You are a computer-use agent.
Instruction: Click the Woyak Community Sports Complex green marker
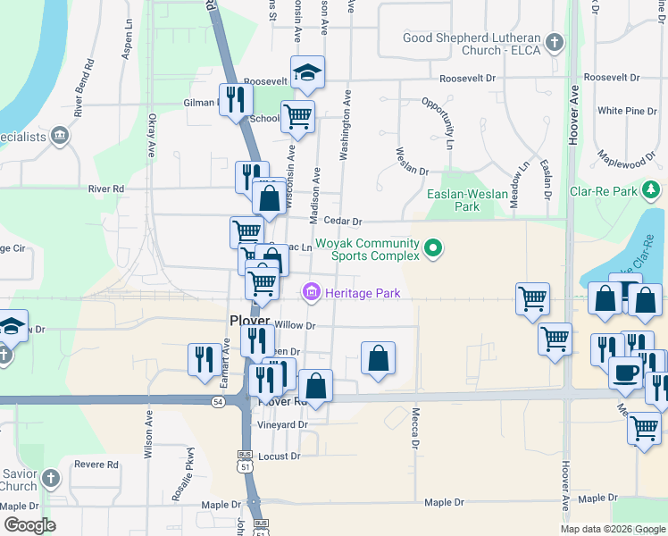pos(433,247)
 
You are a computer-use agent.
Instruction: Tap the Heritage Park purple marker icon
pos(311,292)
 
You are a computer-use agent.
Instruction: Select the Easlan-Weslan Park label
pos(467,200)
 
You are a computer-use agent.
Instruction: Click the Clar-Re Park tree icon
pos(652,189)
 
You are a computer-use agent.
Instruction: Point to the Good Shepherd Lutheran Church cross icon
pos(555,43)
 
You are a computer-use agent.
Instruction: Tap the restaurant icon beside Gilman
pos(235,99)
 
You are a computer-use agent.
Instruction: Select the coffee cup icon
pos(625,371)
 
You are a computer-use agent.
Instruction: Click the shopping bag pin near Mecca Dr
pos(378,358)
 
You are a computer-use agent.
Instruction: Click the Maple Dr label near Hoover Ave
pos(597,498)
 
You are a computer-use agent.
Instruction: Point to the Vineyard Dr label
pos(283,424)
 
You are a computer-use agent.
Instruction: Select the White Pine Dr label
pos(622,111)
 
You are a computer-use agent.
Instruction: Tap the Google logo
pos(29,525)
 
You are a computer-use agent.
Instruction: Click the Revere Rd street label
pos(96,465)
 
